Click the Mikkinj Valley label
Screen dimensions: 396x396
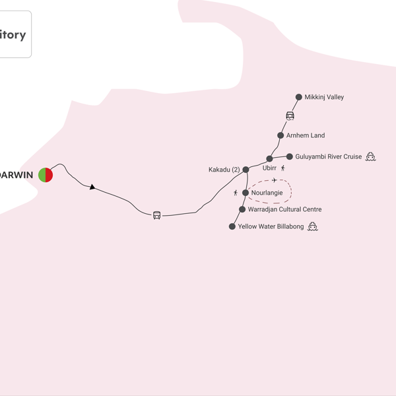coord(324,97)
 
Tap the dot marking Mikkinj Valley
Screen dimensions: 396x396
coord(299,97)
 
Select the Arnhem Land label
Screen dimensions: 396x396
coord(306,135)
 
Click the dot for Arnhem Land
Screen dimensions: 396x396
coord(280,135)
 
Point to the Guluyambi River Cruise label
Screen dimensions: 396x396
coord(329,156)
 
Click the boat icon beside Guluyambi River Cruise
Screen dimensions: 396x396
coord(370,156)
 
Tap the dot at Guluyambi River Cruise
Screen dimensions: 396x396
coord(290,156)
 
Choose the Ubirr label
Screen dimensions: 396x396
coord(269,168)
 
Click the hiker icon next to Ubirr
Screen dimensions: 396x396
coord(283,168)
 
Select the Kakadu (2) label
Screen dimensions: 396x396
coord(224,170)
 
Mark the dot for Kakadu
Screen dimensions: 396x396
coord(246,170)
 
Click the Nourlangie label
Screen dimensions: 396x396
coord(267,193)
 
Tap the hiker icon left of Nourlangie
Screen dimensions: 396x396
coord(236,193)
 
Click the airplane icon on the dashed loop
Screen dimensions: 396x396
coord(275,180)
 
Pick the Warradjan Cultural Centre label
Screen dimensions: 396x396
coord(284,209)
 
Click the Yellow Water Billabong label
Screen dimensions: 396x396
coord(271,226)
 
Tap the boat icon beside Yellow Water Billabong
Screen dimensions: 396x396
coord(313,226)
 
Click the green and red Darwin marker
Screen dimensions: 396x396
coord(46,174)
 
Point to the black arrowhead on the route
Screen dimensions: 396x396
coord(93,187)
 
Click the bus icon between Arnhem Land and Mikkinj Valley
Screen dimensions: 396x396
coord(290,116)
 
